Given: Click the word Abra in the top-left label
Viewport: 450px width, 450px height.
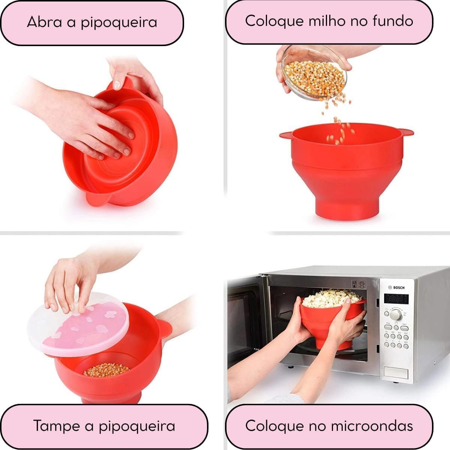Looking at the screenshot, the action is pos(44,22).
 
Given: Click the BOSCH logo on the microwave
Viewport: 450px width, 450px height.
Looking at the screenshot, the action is pos(396,288).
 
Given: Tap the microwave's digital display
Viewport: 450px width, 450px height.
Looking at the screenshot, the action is pos(396,299).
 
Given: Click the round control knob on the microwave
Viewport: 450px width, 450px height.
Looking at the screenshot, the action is pos(396,314).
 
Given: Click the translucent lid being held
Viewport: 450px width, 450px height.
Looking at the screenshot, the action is pos(78,324).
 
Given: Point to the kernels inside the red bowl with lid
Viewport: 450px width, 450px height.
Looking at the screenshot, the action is pos(106,370).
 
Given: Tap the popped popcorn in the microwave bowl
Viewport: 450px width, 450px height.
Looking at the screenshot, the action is pos(331,298).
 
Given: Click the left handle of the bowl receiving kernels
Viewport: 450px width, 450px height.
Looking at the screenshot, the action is pos(286,135).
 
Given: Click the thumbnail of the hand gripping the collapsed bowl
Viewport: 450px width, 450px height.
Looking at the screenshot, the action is pos(116,85).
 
